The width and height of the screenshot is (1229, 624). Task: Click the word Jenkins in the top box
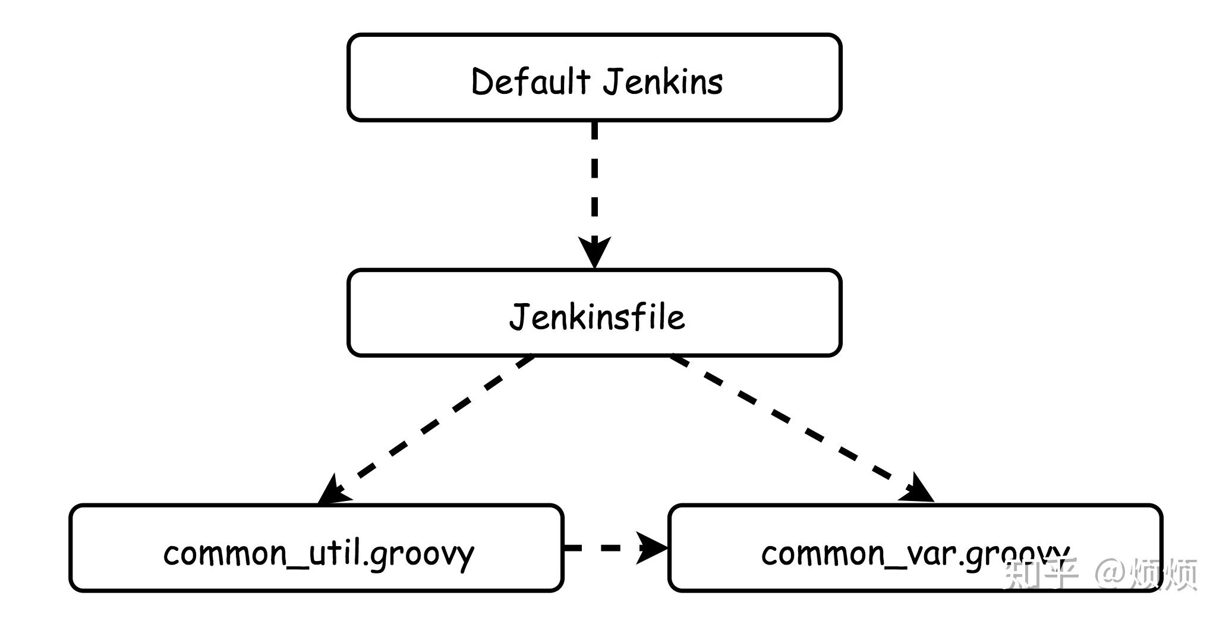click(663, 81)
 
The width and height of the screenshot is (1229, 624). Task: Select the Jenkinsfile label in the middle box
click(597, 316)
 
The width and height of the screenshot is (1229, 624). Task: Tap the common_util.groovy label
click(319, 553)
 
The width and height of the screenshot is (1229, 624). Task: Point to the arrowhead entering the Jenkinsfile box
click(594, 251)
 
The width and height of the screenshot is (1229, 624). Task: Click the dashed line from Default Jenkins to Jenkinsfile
click(594, 178)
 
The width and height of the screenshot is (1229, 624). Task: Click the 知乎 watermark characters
click(1040, 573)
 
